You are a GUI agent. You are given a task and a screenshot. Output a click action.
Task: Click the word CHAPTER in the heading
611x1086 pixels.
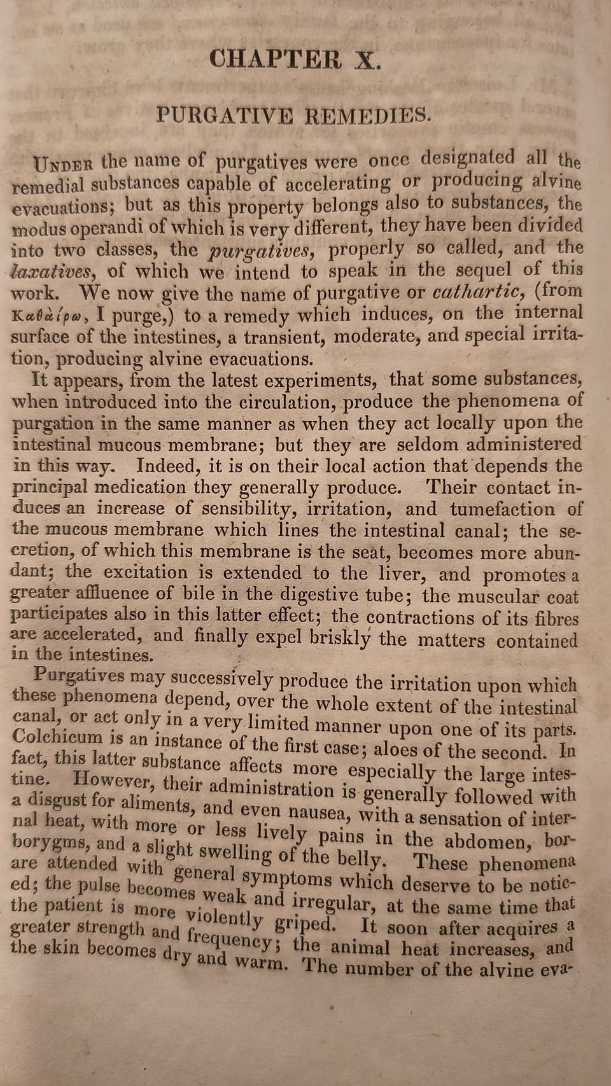275,60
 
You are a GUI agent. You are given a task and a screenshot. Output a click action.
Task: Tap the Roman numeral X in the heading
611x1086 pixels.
367,60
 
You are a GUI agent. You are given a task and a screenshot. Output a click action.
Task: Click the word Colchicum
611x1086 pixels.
57,738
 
